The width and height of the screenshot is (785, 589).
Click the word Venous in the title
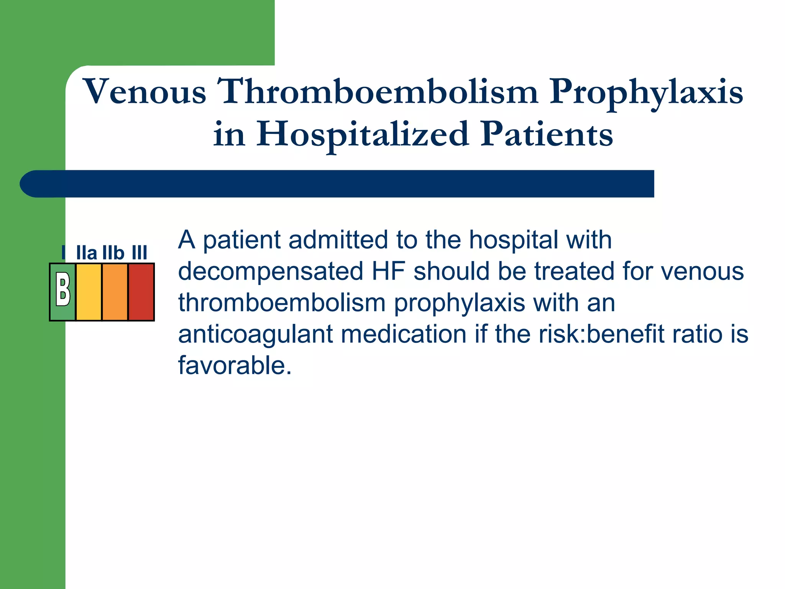click(145, 92)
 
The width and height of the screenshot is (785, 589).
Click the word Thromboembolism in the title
click(378, 92)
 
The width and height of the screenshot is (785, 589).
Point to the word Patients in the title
click(547, 134)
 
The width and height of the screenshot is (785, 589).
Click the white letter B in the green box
click(63, 289)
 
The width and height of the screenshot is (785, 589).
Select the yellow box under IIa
click(89, 292)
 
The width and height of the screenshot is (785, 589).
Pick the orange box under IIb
click(115, 292)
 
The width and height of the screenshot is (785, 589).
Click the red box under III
click(141, 292)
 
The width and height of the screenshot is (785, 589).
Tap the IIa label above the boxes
click(86, 253)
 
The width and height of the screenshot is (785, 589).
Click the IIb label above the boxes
click(113, 253)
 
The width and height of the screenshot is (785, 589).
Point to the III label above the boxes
click(140, 253)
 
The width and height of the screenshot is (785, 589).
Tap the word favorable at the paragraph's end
click(235, 365)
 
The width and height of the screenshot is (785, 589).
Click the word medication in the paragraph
click(403, 334)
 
